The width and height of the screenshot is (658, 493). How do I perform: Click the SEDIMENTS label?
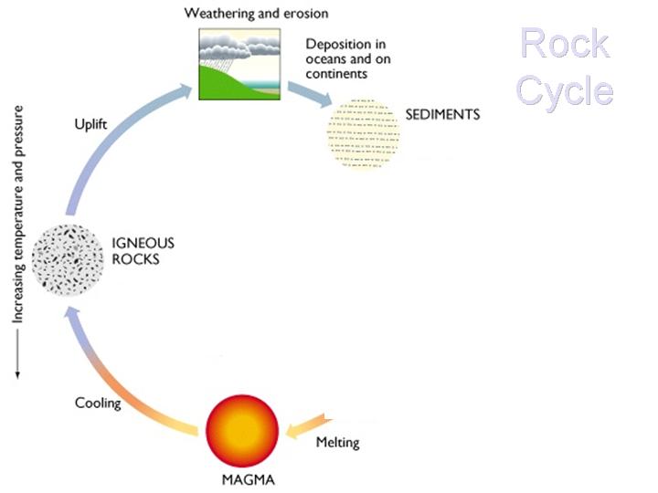coord(442,115)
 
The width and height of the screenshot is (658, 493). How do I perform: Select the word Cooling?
coord(98,403)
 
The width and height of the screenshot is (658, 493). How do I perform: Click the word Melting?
coord(337,443)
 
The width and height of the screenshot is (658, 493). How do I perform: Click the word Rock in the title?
coord(565,44)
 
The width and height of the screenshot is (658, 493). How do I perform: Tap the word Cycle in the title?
coord(564,90)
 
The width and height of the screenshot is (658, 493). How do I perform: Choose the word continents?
coord(337,73)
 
